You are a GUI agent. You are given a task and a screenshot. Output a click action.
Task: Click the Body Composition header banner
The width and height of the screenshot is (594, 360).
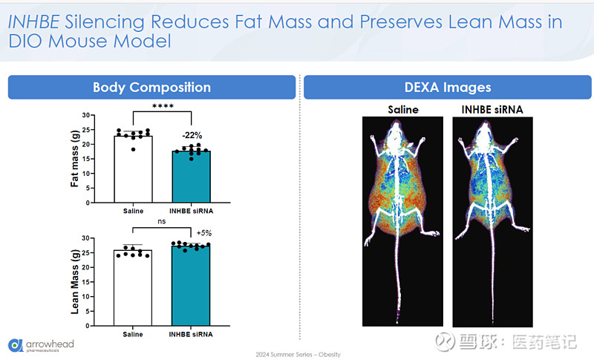(x=151, y=87)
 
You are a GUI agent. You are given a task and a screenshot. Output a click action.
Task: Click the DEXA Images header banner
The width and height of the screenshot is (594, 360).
(x=447, y=87)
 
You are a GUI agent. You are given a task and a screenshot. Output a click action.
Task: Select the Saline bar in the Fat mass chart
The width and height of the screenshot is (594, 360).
(x=133, y=169)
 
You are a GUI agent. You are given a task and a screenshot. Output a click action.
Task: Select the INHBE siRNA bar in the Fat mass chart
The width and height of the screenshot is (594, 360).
(x=192, y=177)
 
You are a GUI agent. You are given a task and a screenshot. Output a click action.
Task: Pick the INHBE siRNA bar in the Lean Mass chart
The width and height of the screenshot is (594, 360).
(x=192, y=285)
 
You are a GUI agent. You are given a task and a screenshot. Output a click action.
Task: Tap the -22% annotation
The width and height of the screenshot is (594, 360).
(x=192, y=134)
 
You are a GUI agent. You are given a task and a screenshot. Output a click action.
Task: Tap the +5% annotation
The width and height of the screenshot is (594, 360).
(x=204, y=232)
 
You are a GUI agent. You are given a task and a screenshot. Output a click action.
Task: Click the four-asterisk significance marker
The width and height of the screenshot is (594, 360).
(x=162, y=106)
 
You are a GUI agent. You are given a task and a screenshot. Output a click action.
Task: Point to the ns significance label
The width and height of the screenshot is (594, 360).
(x=162, y=220)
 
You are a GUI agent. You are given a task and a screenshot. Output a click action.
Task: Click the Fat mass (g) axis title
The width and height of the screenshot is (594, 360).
(x=75, y=159)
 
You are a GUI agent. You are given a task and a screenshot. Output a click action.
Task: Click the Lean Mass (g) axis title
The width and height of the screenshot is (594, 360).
(x=75, y=282)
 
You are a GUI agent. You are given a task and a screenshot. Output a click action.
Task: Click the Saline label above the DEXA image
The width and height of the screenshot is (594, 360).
(x=402, y=109)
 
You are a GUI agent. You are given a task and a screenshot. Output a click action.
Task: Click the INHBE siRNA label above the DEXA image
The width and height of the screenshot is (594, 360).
(x=492, y=109)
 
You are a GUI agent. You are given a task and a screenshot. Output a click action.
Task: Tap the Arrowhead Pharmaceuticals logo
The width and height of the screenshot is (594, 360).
(x=41, y=346)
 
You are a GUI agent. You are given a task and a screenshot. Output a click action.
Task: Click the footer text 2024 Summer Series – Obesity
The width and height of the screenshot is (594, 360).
(x=297, y=354)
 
